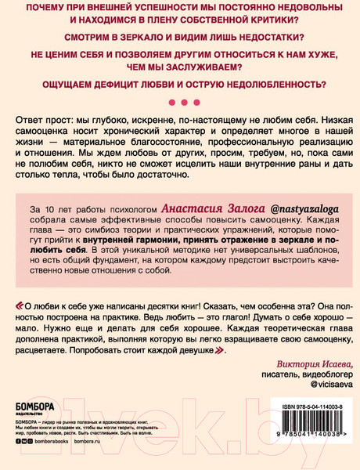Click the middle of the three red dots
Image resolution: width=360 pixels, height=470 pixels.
point(180,102)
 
